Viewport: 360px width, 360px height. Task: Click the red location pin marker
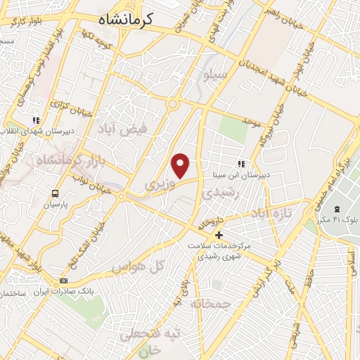point(181,165)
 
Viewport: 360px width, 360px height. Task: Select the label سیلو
point(214,72)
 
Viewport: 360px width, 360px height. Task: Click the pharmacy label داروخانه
point(210,223)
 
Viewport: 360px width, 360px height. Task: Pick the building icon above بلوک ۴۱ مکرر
point(337,209)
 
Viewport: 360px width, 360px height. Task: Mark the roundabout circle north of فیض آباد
point(172,105)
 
